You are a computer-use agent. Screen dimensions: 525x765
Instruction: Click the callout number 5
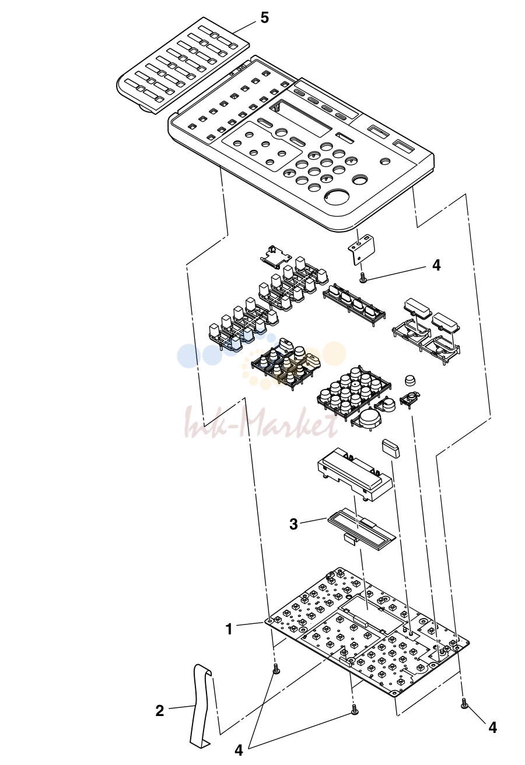[265, 17]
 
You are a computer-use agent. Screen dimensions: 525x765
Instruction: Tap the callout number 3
[294, 524]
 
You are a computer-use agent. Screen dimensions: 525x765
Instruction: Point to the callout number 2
[159, 708]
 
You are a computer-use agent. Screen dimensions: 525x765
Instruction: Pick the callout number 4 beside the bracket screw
[436, 265]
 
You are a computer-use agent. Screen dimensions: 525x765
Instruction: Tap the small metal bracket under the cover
[362, 248]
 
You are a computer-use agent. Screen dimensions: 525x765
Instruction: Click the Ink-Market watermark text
[261, 422]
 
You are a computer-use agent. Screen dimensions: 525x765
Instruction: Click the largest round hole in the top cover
[337, 198]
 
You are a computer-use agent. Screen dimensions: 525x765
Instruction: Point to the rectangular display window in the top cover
[300, 117]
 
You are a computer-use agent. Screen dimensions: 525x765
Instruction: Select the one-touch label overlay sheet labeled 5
[183, 65]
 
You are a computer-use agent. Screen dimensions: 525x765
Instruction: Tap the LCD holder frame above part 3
[353, 474]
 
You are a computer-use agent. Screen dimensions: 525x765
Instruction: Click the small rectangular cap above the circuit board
[391, 450]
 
